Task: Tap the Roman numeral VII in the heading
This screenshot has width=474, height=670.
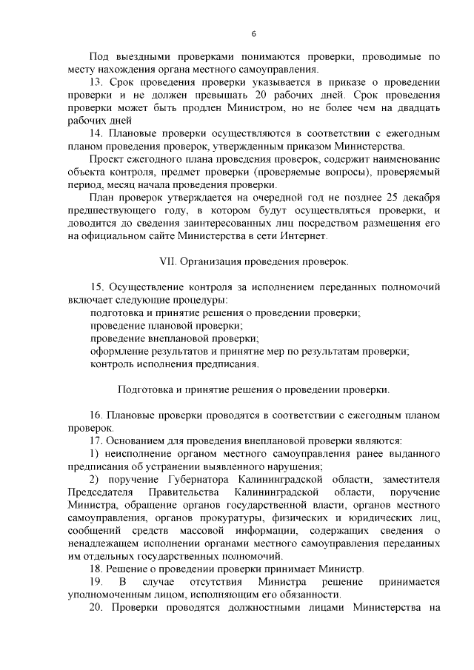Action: pyautogui.click(x=170, y=262)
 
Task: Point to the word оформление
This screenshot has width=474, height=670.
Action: pyautogui.click(x=119, y=352)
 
